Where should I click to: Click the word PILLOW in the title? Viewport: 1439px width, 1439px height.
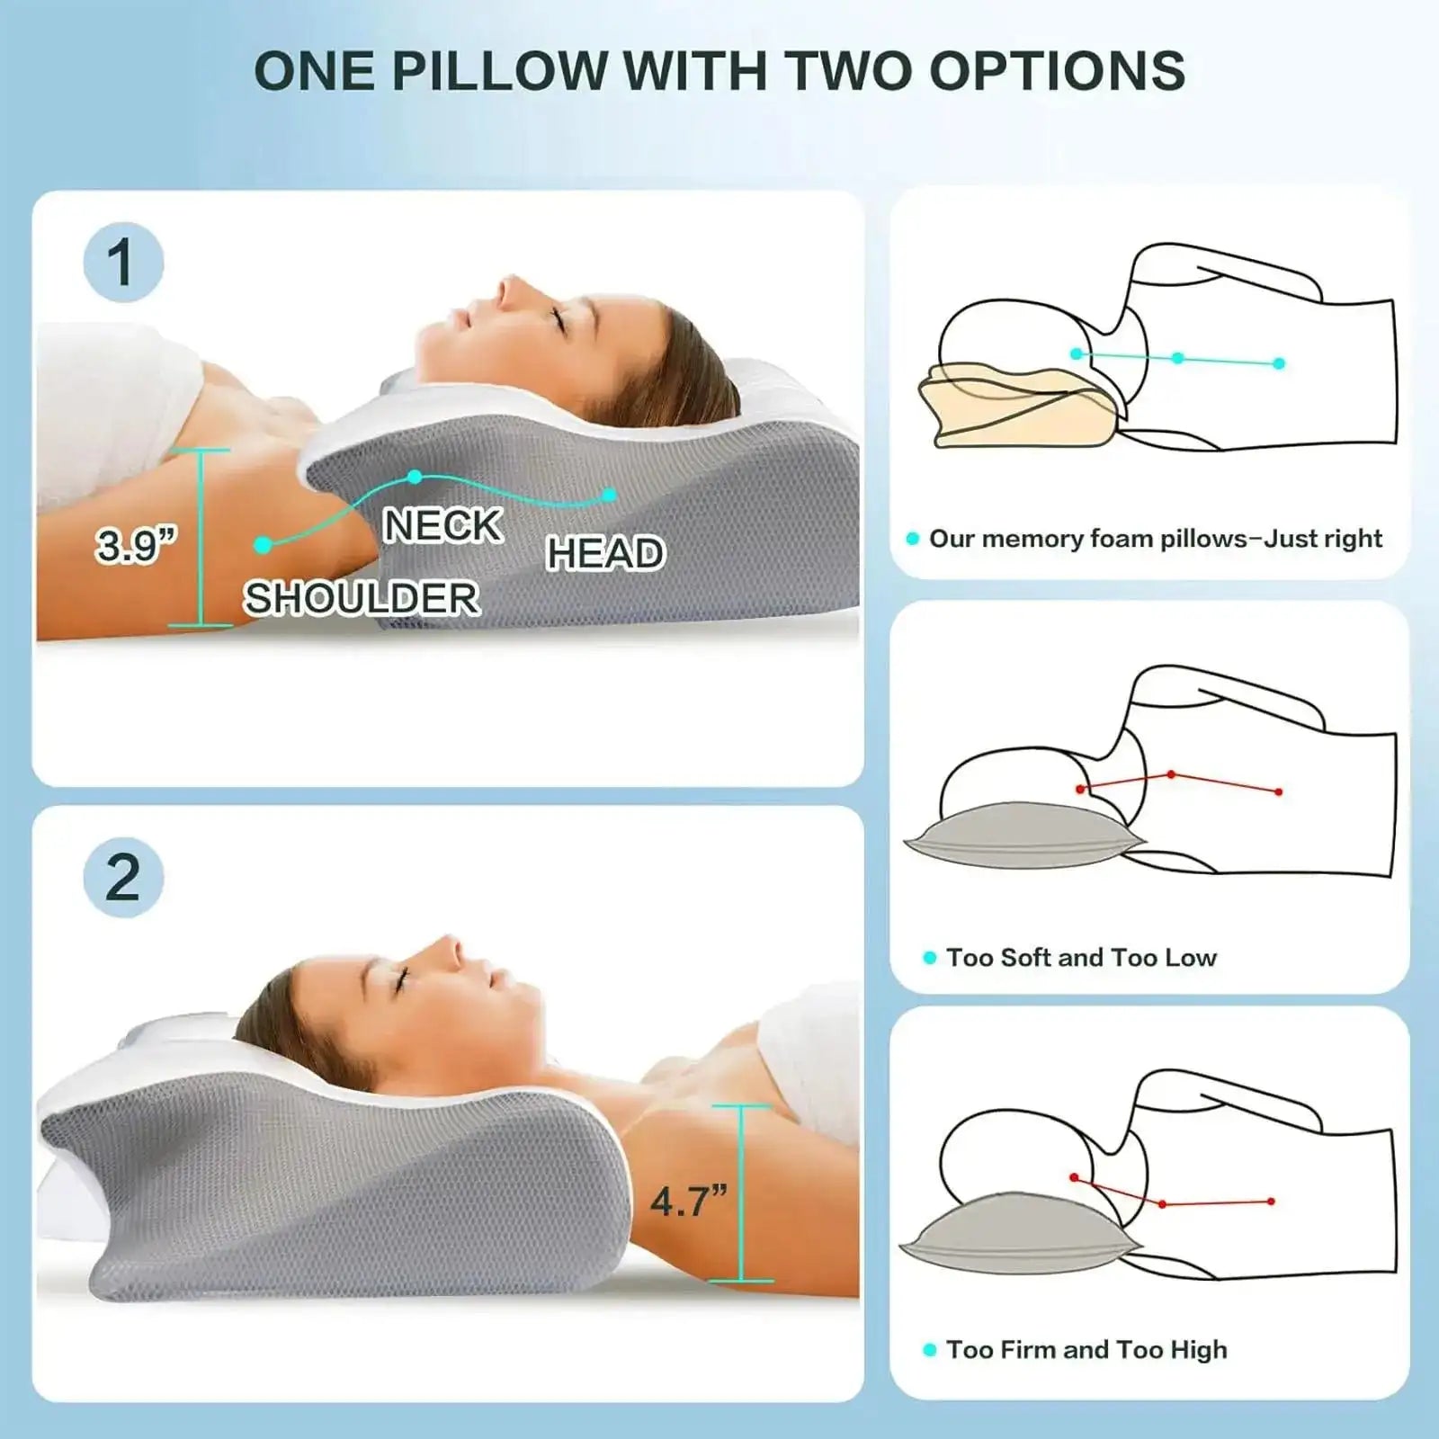500,70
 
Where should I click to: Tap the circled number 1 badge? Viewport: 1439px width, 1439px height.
123,263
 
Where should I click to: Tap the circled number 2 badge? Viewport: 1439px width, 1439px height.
123,877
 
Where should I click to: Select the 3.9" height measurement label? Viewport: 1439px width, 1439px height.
137,545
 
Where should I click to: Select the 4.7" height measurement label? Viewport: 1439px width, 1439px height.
689,1201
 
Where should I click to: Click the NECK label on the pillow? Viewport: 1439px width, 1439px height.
442,525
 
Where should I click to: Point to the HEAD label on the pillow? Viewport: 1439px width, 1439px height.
606,553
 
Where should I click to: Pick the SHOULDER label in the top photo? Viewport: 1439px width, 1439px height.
362,598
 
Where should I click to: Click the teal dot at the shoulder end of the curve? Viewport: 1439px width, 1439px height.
263,545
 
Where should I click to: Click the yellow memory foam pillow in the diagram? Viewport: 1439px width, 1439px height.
1016,405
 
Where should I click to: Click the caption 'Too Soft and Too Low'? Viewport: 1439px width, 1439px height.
1081,958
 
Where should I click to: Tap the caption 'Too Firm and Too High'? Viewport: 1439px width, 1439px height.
1086,1350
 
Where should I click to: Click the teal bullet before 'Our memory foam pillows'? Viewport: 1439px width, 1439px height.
913,539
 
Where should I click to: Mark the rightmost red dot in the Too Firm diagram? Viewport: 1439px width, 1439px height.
1271,1202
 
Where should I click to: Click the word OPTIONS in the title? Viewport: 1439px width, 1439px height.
1057,70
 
